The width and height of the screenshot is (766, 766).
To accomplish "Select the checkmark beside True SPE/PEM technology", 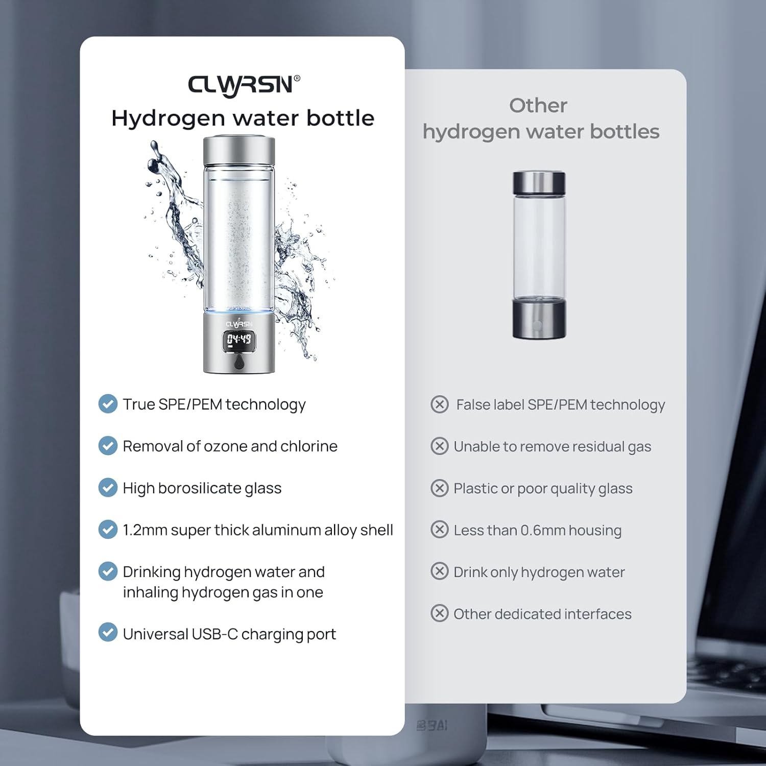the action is (108, 404).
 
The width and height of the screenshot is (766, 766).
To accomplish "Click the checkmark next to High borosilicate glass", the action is (108, 488).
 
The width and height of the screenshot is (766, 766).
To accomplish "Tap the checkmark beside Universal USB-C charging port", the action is (108, 632).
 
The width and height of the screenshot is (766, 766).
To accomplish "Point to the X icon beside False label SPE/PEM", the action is (440, 404).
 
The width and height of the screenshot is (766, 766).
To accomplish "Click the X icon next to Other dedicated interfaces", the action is (440, 613).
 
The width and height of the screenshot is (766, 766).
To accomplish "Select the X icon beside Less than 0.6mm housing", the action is (440, 530).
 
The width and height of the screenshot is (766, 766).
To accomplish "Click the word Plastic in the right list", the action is (475, 489).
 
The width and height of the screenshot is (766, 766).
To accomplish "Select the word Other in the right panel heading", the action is (538, 106).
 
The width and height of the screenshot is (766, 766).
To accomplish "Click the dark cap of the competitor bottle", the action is (539, 183).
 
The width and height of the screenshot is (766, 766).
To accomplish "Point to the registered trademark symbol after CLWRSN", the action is (297, 78).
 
